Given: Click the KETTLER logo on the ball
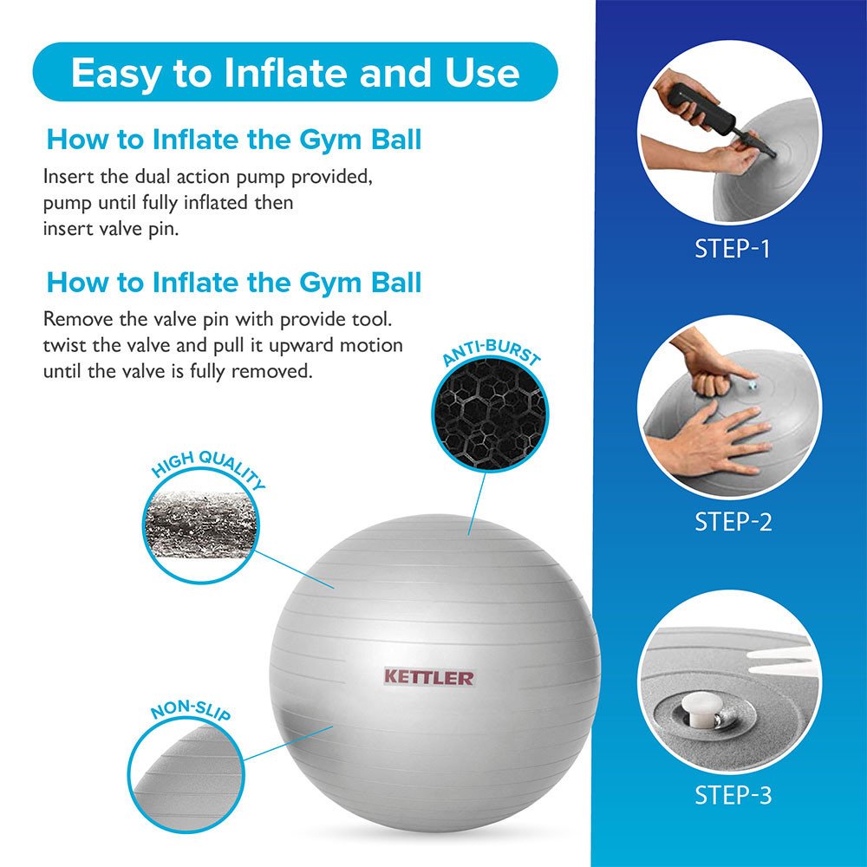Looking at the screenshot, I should click(x=429, y=676).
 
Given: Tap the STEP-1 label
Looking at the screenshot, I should click(x=732, y=249).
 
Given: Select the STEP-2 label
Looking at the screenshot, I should click(x=732, y=522).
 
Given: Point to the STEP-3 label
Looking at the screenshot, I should click(x=732, y=794).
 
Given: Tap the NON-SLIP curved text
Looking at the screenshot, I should click(x=189, y=713).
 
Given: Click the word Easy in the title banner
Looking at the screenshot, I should click(x=118, y=73).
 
